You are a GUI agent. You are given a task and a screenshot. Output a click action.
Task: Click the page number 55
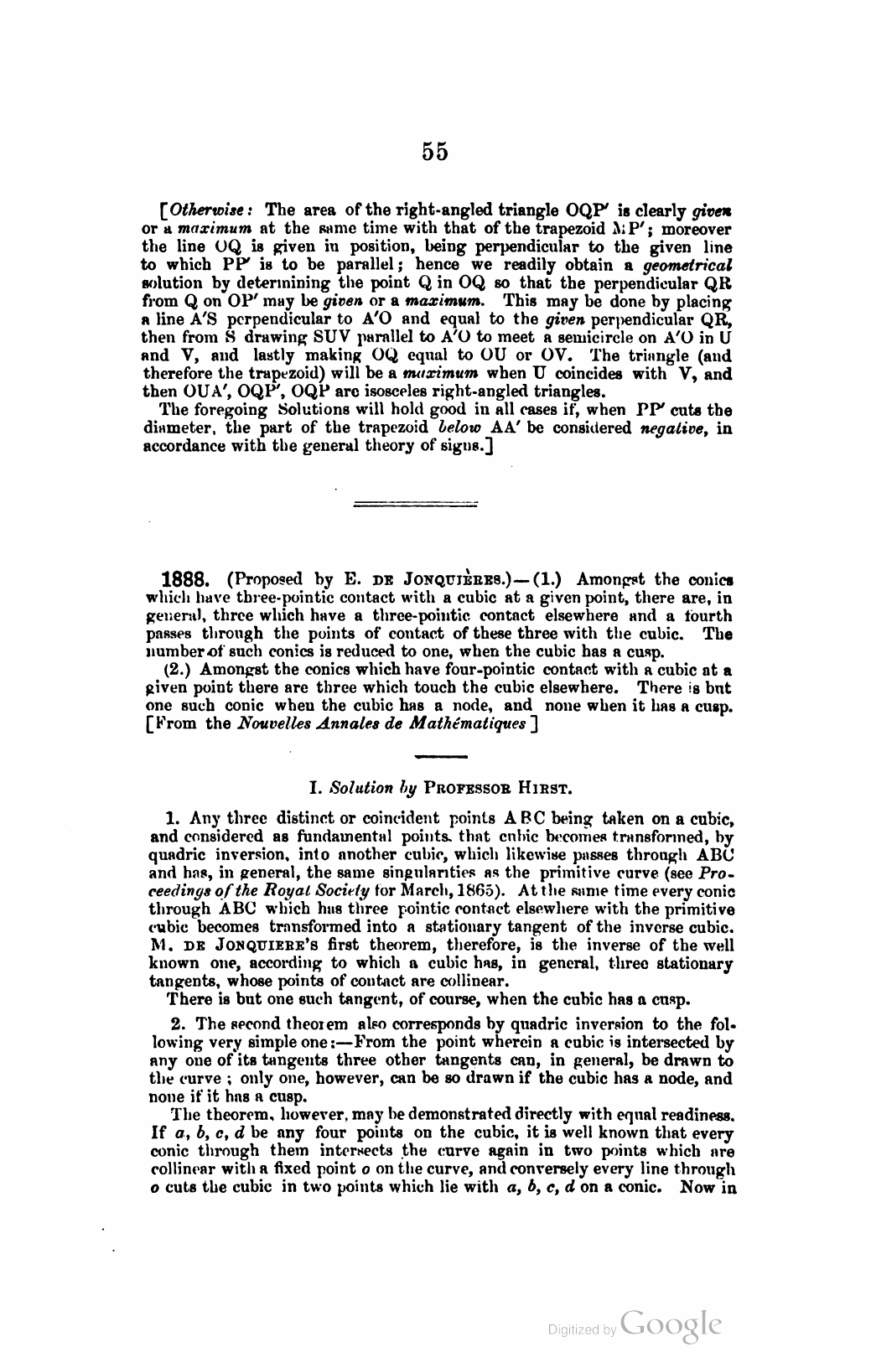pos(435,151)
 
